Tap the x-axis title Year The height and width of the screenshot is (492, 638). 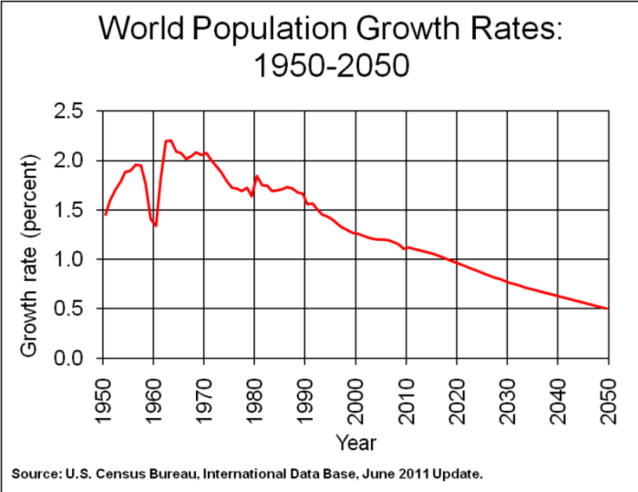(x=356, y=442)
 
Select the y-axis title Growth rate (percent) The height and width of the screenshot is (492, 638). (x=30, y=256)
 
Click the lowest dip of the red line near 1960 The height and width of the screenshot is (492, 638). (x=156, y=226)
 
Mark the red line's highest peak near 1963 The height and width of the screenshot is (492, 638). (x=169, y=141)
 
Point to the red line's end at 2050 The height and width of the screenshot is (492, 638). (x=607, y=308)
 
